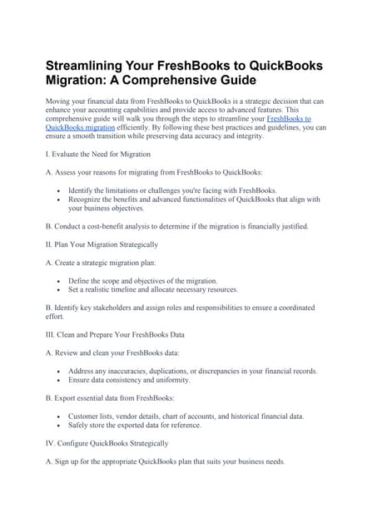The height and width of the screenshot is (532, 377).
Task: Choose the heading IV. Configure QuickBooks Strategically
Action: click(x=107, y=443)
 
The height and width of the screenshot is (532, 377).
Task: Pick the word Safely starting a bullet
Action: click(x=80, y=425)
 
